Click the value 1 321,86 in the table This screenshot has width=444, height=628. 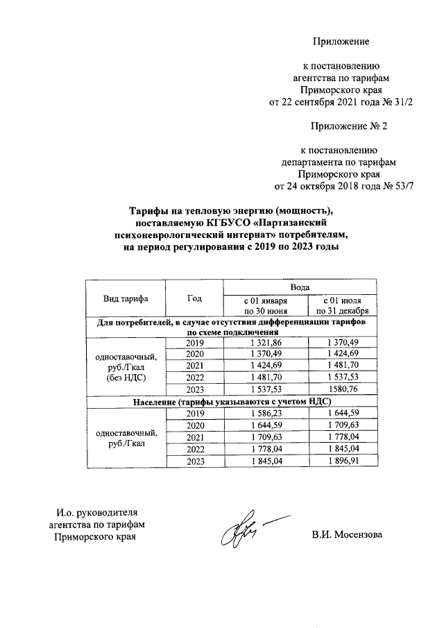[x=266, y=343]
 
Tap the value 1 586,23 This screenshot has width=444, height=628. [x=266, y=413]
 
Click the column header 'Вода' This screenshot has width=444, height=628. [x=300, y=286]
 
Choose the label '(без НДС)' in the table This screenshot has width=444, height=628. [x=125, y=379]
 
